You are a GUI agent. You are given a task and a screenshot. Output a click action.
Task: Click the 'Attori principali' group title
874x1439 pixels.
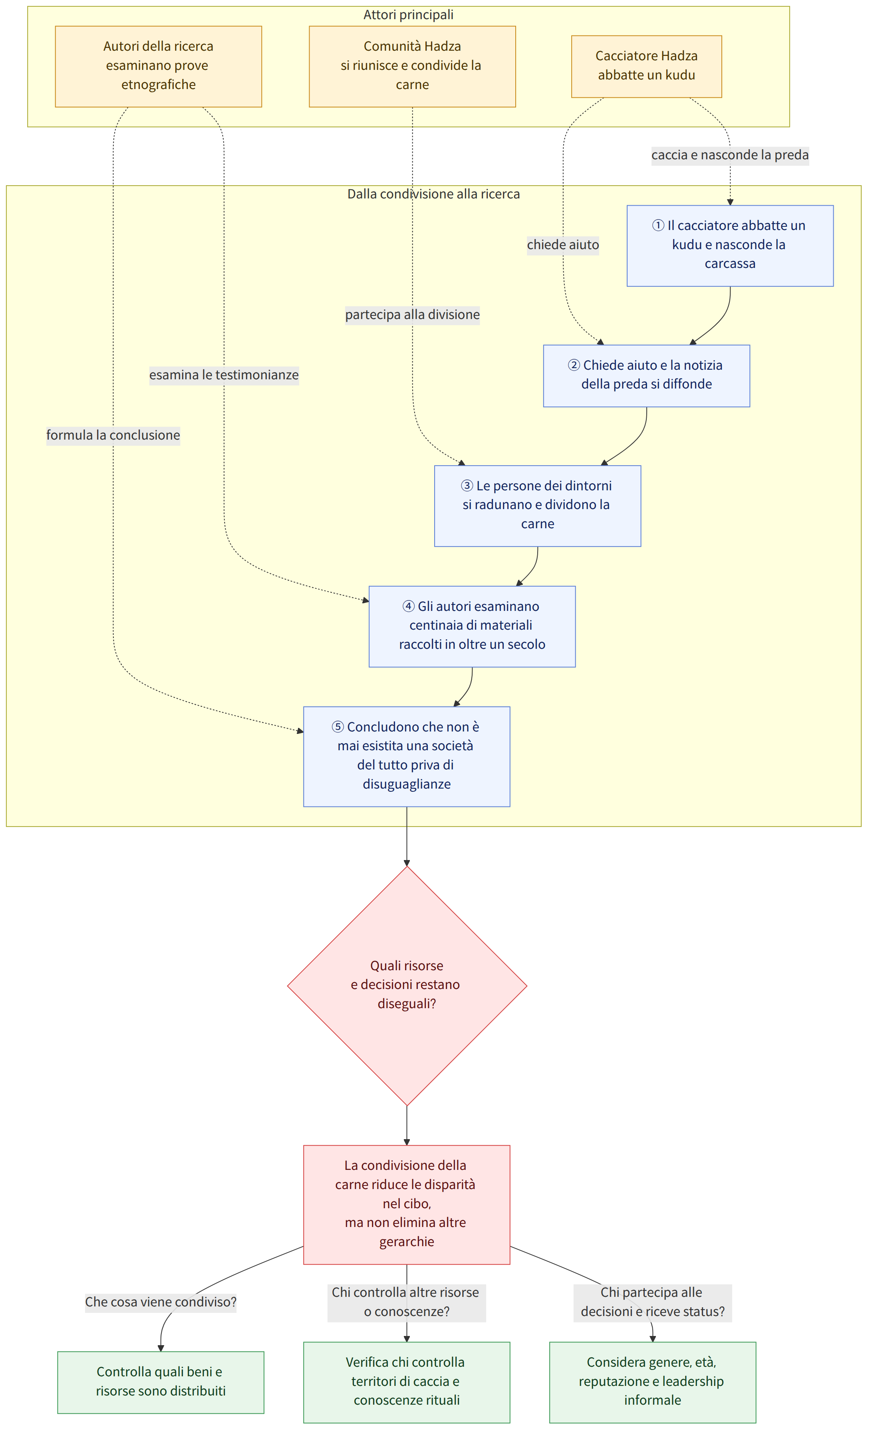(408, 15)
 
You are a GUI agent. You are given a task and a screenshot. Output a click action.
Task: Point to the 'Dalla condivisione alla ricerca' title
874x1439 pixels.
(433, 194)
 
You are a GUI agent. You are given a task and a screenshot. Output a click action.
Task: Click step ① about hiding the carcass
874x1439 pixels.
(730, 246)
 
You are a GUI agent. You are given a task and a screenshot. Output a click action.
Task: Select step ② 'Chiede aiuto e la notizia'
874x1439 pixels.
(647, 376)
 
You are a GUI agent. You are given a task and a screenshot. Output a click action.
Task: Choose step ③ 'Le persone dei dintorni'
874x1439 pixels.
(538, 506)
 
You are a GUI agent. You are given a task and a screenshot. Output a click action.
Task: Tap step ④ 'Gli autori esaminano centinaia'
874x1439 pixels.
(472, 626)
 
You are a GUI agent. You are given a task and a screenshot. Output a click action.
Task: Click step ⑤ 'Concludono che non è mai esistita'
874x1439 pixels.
(407, 757)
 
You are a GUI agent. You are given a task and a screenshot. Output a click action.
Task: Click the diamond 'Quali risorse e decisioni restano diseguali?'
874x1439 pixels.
(407, 986)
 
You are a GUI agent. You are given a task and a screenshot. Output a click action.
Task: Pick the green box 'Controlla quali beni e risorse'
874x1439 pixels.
(161, 1382)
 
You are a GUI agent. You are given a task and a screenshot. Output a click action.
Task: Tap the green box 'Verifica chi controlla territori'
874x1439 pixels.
(407, 1382)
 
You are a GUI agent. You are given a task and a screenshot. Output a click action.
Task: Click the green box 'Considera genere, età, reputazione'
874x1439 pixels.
(653, 1382)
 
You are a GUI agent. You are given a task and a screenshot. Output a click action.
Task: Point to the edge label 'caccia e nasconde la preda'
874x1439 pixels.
(730, 155)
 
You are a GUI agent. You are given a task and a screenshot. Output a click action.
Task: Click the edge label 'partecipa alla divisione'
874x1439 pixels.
(413, 315)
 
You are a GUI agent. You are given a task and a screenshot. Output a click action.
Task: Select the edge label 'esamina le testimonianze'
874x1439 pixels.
(224, 375)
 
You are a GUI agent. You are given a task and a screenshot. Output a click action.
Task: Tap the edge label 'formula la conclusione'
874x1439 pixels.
(113, 435)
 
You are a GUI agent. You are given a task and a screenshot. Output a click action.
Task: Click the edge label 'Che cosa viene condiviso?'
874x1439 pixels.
(161, 1302)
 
